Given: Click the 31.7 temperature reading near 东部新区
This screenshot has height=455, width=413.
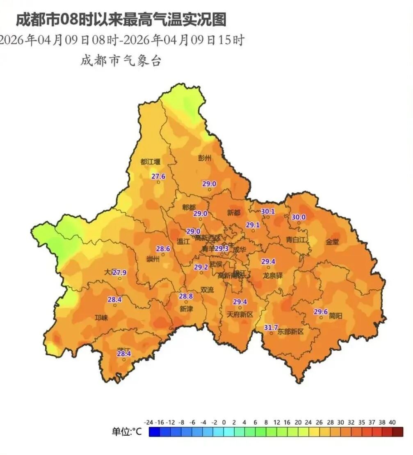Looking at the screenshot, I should click(x=271, y=327).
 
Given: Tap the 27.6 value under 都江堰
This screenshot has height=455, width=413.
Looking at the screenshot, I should click(x=158, y=176).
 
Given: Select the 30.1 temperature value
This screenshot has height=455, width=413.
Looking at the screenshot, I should click(x=268, y=212).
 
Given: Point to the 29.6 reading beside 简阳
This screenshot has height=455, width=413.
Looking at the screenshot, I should click(x=321, y=311).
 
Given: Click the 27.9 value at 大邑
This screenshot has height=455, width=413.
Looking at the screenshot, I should click(x=120, y=272).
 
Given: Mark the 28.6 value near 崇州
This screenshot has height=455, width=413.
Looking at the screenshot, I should click(x=163, y=249).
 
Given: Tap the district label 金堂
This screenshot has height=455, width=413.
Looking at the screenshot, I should click(x=333, y=242).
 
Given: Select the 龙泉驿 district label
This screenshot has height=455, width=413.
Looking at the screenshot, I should click(x=273, y=275).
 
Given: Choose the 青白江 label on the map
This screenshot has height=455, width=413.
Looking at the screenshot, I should click(x=296, y=240).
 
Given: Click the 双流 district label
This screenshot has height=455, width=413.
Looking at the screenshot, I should click(x=207, y=289).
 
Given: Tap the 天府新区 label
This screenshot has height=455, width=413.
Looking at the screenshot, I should click(x=240, y=314).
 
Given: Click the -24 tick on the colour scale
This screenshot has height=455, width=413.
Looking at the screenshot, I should click(x=149, y=422).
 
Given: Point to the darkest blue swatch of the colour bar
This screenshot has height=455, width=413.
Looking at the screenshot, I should click(x=155, y=432).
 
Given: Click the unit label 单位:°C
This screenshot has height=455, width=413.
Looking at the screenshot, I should click(x=127, y=432).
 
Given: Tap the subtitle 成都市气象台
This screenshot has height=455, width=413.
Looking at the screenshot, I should click(x=121, y=61).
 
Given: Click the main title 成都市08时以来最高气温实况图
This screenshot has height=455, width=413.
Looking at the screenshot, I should click(x=121, y=19).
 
